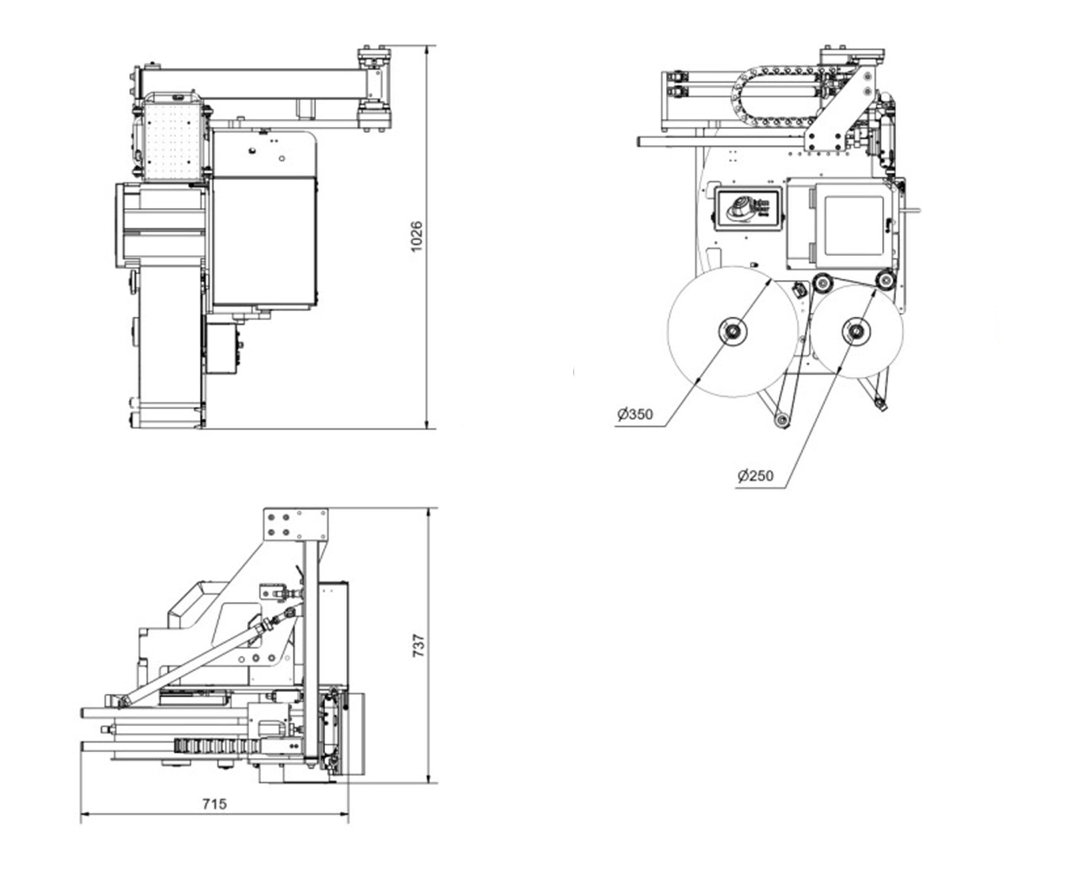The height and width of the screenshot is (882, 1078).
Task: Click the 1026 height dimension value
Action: (x=416, y=236)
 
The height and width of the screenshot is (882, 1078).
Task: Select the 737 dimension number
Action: (x=419, y=645)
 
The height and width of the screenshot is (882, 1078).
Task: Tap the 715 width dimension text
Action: (x=215, y=804)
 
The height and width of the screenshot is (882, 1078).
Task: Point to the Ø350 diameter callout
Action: (x=635, y=414)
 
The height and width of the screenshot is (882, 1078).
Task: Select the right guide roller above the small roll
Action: (x=885, y=279)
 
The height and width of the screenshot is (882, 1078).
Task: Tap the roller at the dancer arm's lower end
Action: (x=782, y=420)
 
